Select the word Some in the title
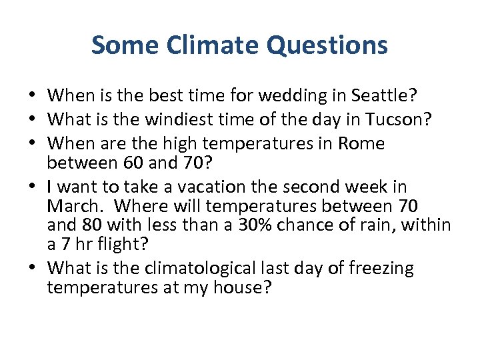(120, 45)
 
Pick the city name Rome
(361, 143)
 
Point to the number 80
(95, 226)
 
